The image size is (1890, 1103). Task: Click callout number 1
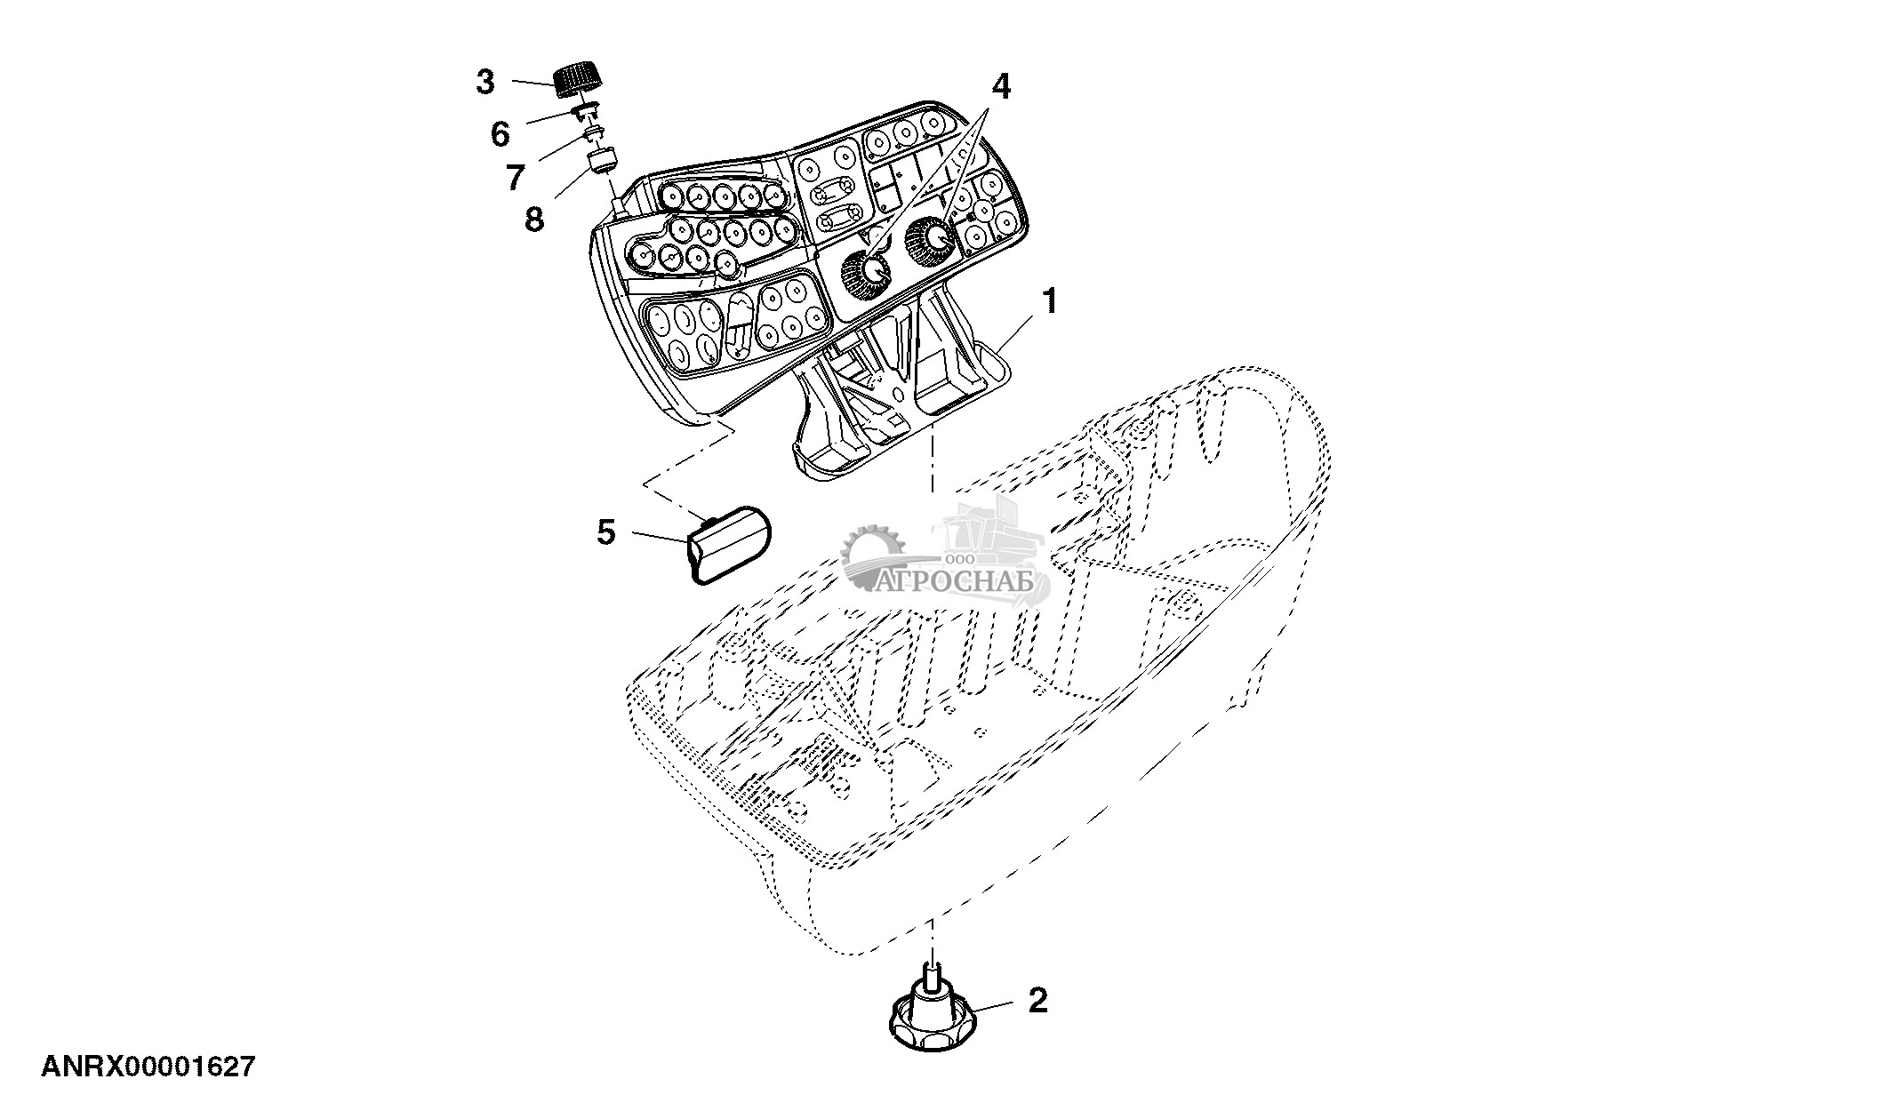pos(1051,302)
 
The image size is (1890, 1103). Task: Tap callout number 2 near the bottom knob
pos(1037,1001)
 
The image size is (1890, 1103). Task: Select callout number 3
pos(485,83)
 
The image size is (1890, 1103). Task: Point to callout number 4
pos(1000,86)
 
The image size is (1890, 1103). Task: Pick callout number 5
pos(605,533)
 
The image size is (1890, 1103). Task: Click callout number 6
pos(501,135)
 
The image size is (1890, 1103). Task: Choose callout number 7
pos(516,177)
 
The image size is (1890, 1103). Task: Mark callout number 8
pos(533,218)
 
